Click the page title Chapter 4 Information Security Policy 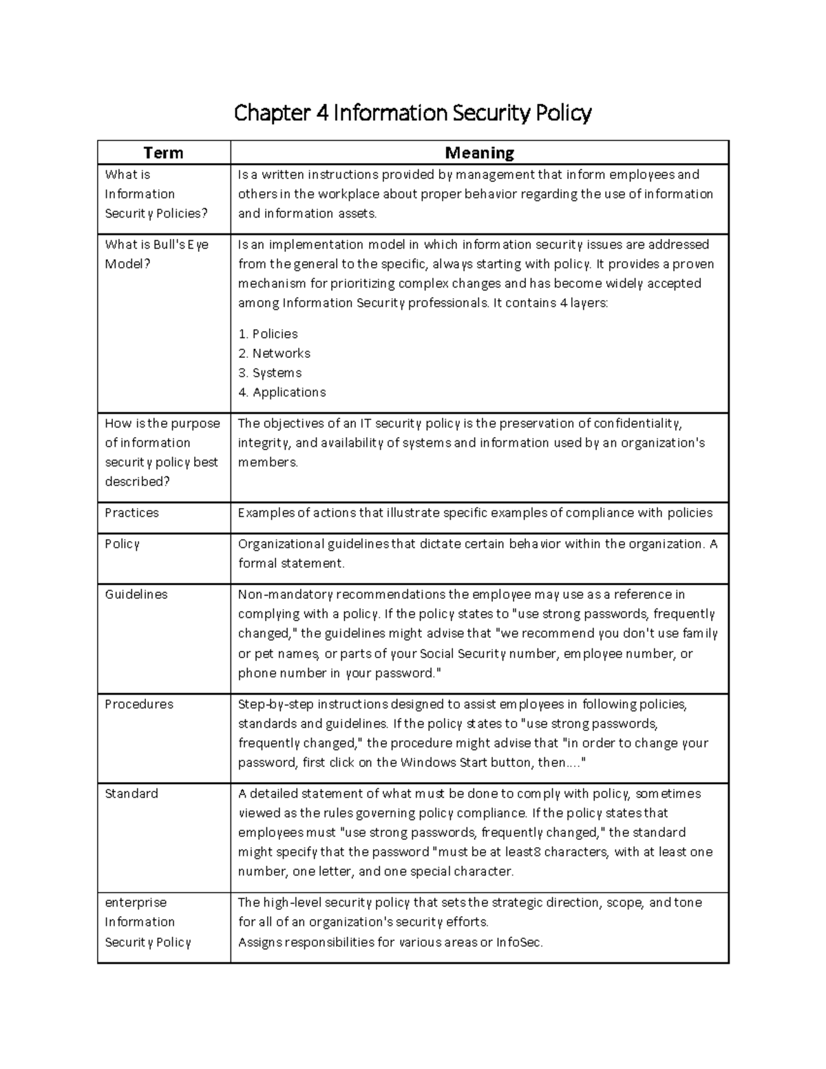[x=412, y=112]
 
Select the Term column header [x=163, y=153]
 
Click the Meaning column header [x=479, y=153]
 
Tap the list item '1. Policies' [x=268, y=334]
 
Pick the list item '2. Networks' [x=274, y=353]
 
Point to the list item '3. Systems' [x=270, y=372]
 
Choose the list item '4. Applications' [x=282, y=392]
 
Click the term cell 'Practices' [x=131, y=513]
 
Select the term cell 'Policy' [x=122, y=544]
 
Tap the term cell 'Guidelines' [x=136, y=594]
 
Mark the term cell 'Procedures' [x=138, y=704]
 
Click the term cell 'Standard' [x=131, y=794]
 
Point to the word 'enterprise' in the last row [x=136, y=902]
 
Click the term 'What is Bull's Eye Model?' [x=156, y=254]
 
